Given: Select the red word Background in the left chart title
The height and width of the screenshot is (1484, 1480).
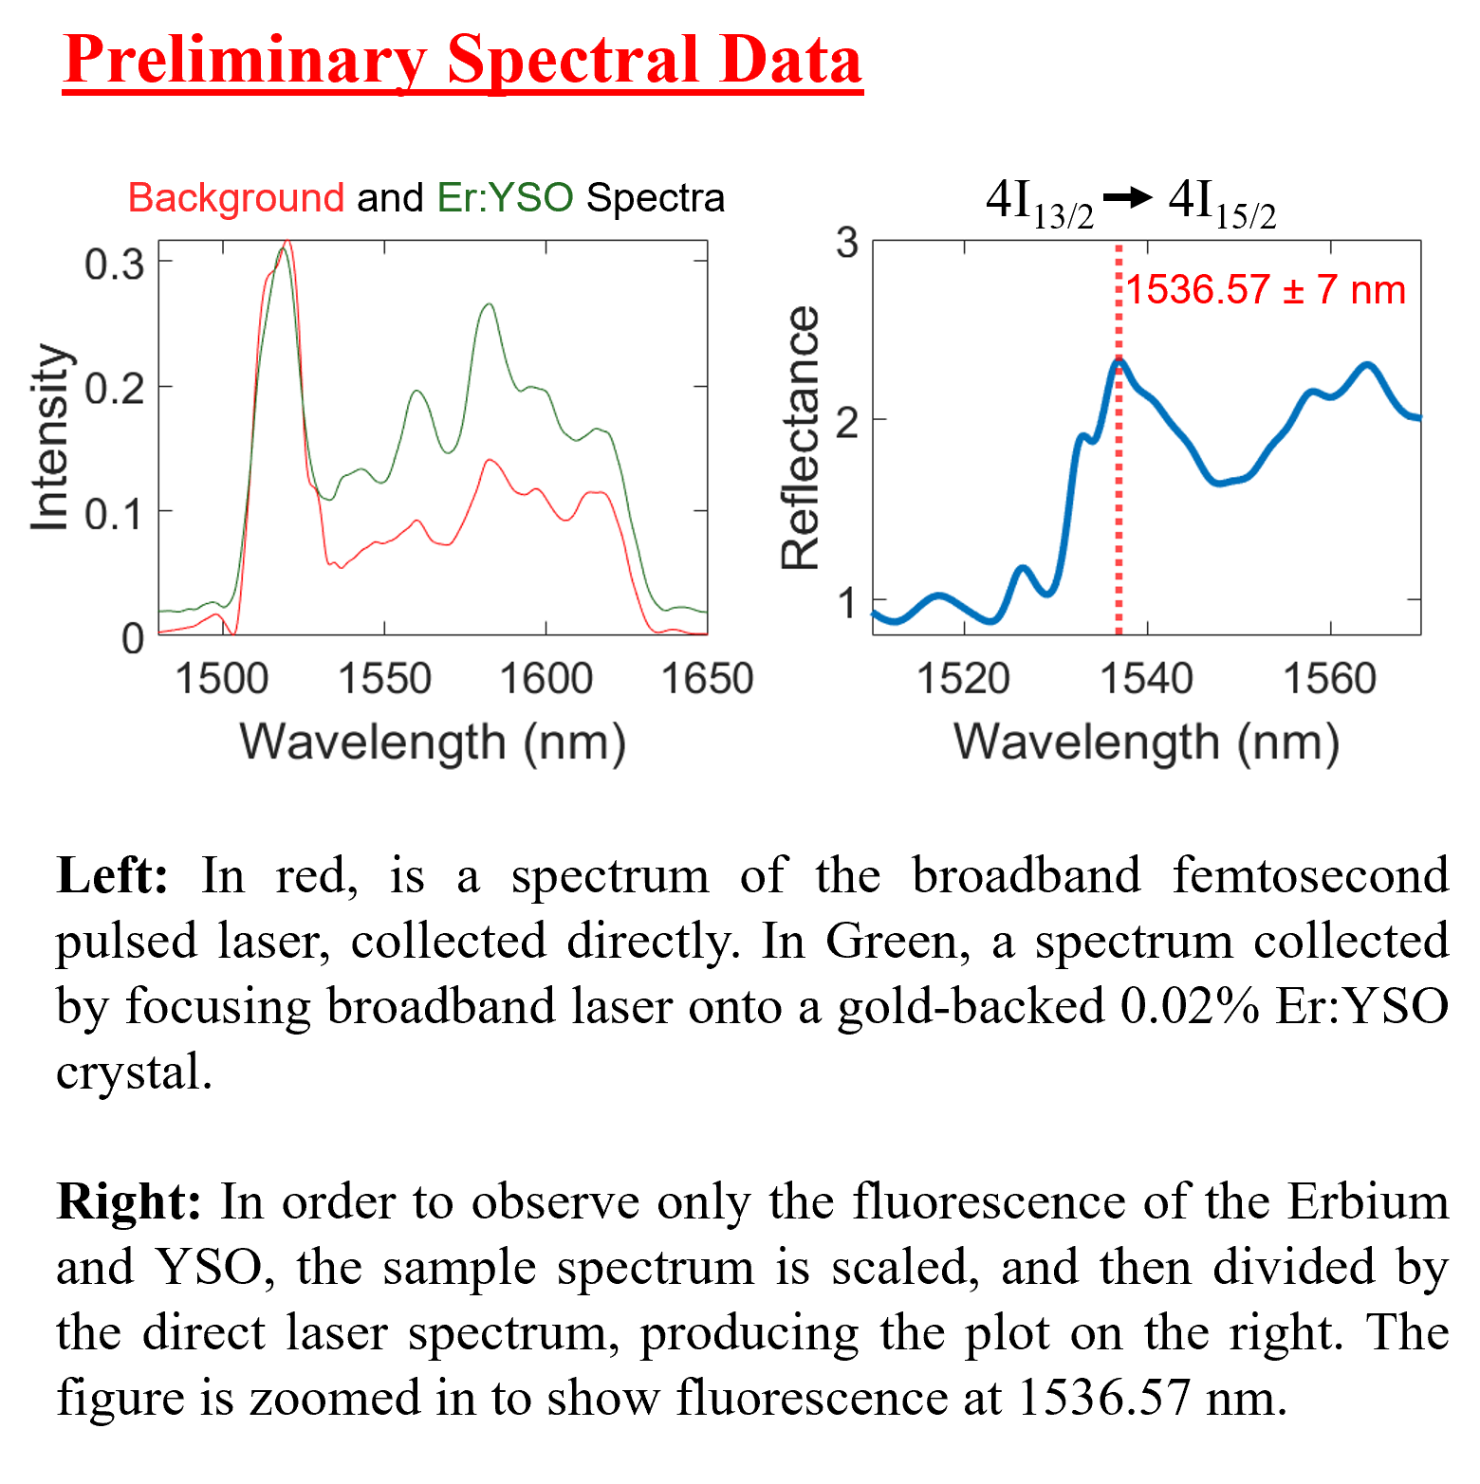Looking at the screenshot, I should pos(235,198).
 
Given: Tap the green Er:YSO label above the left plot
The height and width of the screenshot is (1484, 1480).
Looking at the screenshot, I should pos(505,198).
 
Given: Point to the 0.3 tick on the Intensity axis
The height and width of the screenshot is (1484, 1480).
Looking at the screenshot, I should pos(115,264).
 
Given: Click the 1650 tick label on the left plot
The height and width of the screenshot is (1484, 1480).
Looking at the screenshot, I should pos(707,679).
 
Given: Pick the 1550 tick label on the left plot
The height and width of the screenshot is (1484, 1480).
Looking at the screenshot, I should pos(384,679).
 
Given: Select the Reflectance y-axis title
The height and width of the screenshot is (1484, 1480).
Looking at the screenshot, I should pos(800,437).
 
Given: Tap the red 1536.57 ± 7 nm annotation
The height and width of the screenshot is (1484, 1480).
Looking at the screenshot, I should pos(1266,289).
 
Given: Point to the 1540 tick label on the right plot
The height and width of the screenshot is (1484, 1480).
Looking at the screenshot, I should pos(1146,679).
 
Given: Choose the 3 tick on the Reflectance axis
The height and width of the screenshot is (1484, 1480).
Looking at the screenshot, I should pos(847,243).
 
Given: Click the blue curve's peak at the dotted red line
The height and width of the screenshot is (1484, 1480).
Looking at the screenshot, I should pos(1119,360).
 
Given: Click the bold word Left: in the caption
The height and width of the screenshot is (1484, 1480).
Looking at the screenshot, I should pos(112,875).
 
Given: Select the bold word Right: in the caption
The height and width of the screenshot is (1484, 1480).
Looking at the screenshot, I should pos(129,1202).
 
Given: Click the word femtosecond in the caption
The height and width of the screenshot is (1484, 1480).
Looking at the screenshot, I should pos(1310,875).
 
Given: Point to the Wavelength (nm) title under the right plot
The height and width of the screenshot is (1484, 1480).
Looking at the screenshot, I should pos(1146,742).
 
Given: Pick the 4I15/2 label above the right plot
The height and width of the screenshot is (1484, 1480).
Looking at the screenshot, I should pos(1222,203).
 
